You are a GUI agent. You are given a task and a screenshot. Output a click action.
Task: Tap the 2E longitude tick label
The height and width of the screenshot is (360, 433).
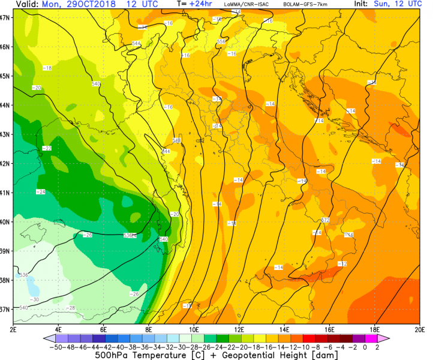click(13, 329)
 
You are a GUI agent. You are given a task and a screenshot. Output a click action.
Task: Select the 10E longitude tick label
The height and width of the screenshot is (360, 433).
click(194, 329)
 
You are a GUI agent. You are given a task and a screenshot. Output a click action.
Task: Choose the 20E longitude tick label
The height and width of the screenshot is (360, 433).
click(419, 329)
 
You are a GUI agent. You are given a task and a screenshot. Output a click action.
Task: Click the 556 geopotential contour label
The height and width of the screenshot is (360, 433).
click(221, 41)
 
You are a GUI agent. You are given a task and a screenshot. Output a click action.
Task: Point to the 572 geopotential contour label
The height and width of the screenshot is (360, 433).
click(326, 220)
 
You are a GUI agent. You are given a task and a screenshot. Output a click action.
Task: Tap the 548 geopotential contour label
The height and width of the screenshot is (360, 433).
click(177, 140)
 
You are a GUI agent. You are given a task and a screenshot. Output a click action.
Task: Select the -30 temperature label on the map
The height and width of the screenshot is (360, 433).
click(35, 299)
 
